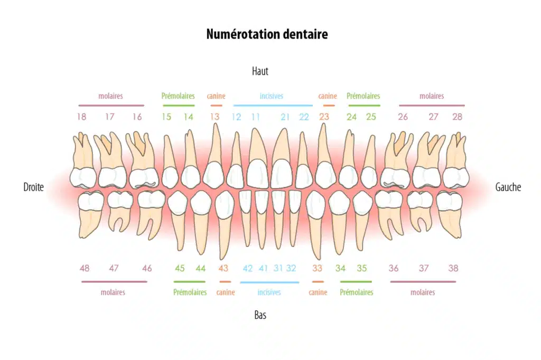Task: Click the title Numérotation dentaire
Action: (x=267, y=34)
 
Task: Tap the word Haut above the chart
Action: (x=260, y=71)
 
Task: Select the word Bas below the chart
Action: (x=260, y=315)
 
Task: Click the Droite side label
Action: (x=33, y=187)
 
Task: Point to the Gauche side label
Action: (x=508, y=187)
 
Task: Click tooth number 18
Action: (x=82, y=117)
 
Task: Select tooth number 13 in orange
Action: (x=214, y=117)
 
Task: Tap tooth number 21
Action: (x=285, y=117)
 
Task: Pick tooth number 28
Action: (x=457, y=117)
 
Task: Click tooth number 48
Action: (x=85, y=268)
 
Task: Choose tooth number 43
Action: (x=223, y=268)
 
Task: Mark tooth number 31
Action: (x=278, y=268)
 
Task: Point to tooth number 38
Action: (x=453, y=268)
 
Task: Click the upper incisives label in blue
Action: (x=272, y=96)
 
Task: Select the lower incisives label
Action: (x=269, y=292)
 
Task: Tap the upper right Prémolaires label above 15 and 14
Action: (x=178, y=96)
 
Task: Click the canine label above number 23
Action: (x=328, y=96)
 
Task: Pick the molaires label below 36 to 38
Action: (x=423, y=292)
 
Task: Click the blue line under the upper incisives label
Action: (x=273, y=106)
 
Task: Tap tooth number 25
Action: (x=371, y=117)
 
